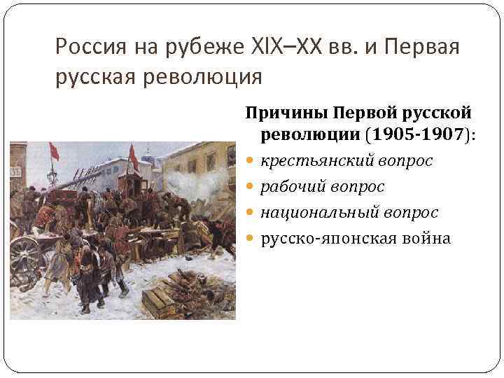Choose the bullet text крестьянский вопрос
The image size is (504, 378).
point(346,161)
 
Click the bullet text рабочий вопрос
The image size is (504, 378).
point(323,187)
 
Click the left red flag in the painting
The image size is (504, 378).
point(54,151)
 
